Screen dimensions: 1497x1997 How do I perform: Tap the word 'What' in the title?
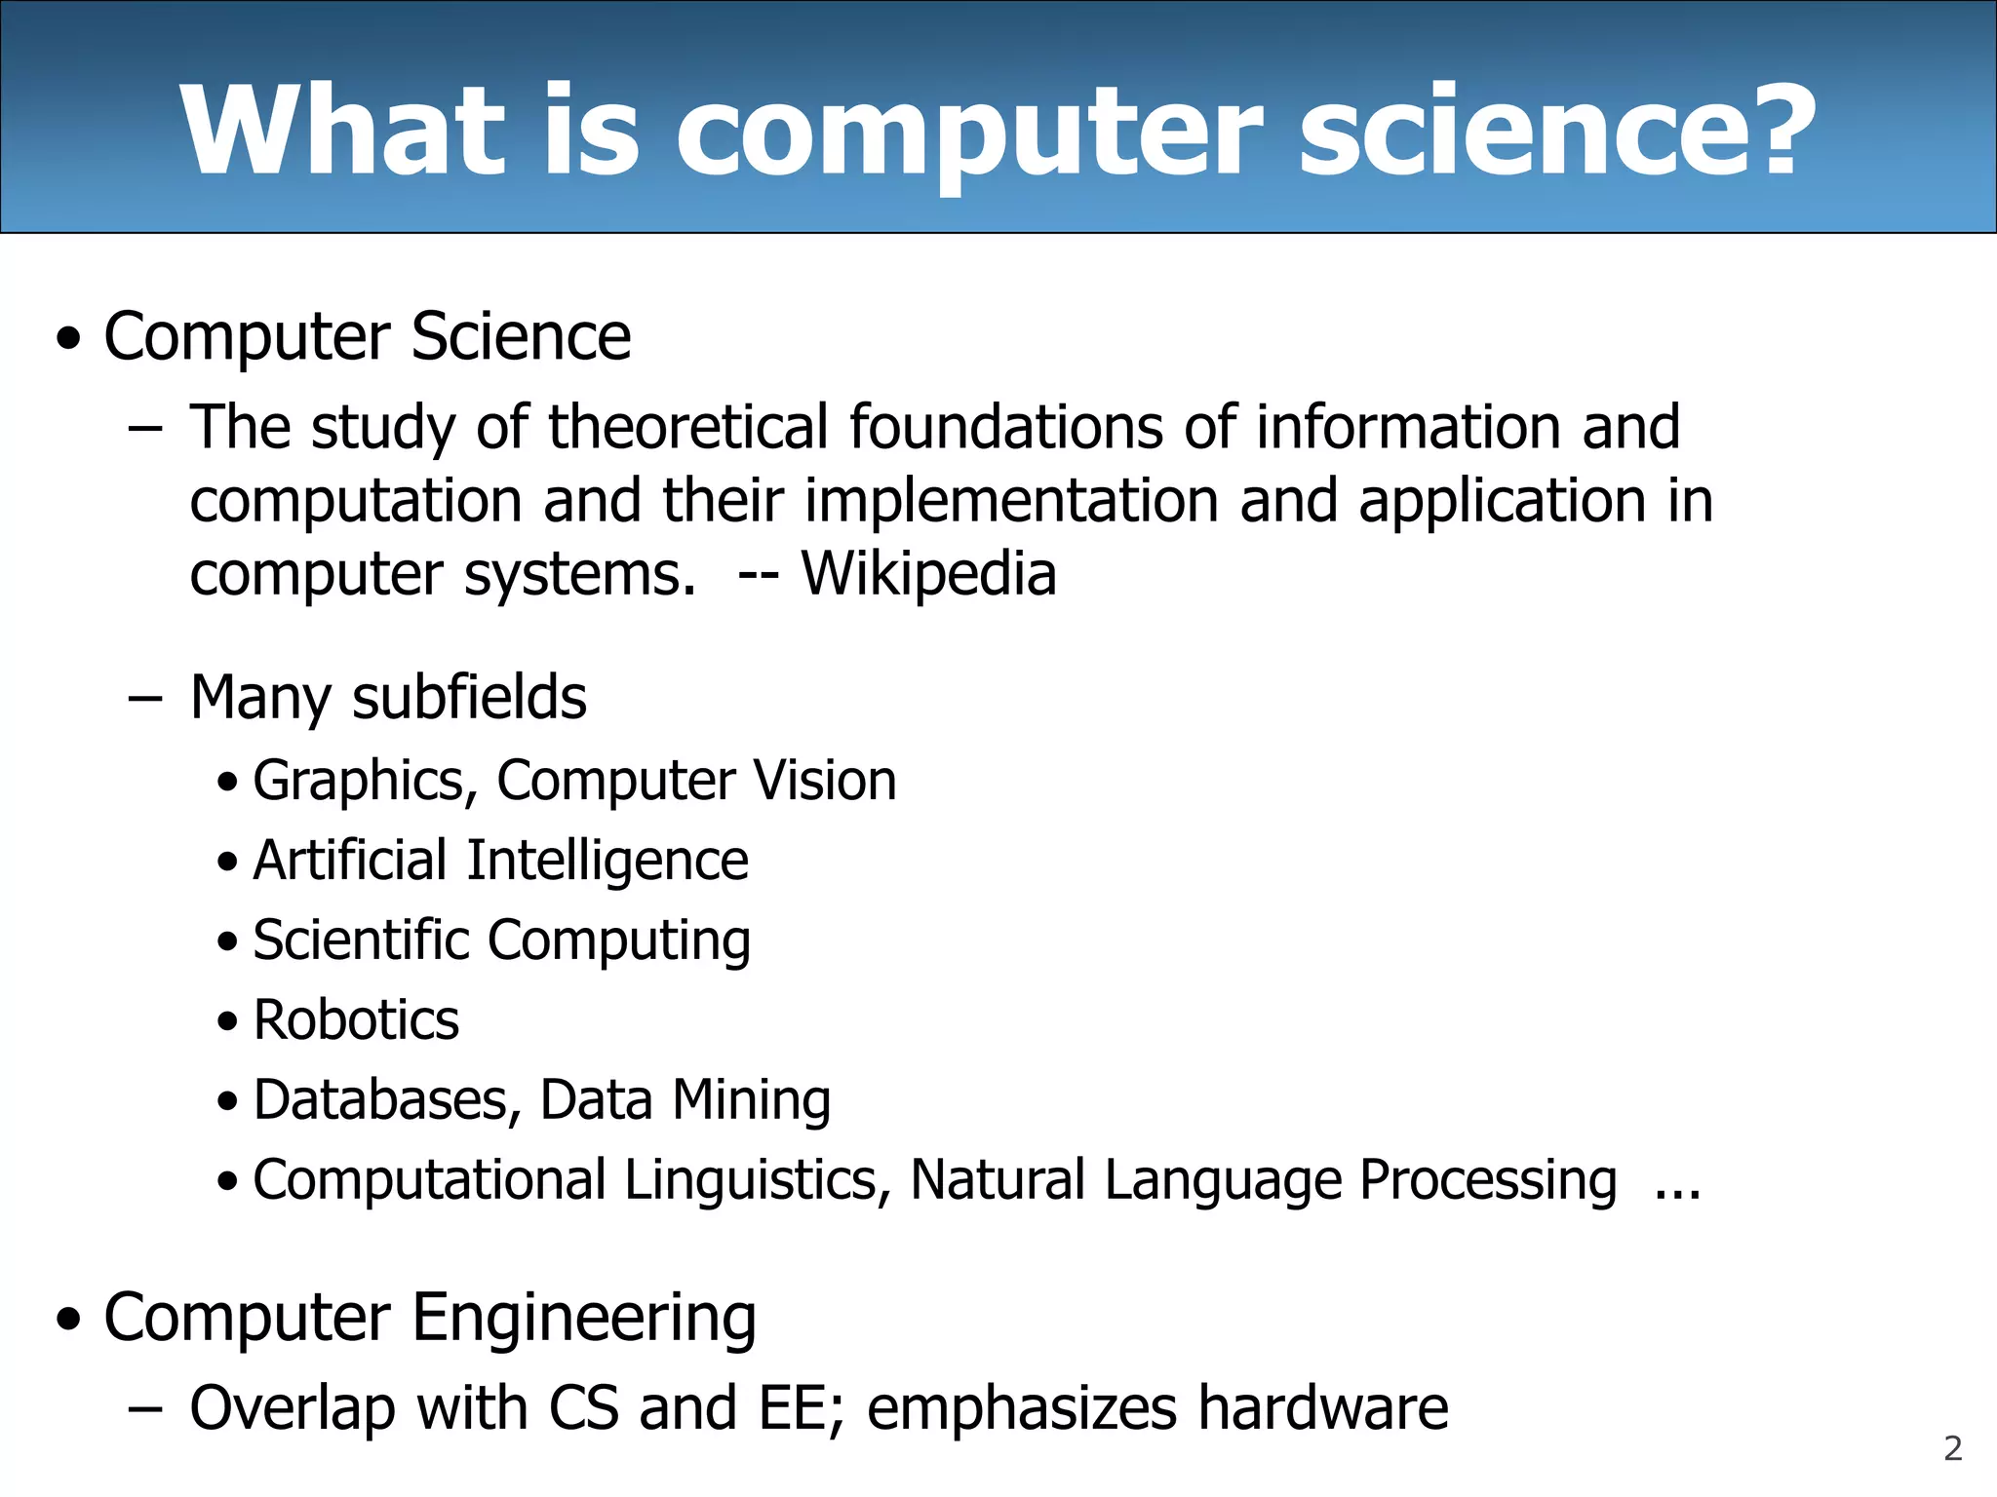342,131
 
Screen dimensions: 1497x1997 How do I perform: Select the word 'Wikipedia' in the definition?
928,573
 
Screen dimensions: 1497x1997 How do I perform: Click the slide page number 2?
1952,1448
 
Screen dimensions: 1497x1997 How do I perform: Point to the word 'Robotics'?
356,1020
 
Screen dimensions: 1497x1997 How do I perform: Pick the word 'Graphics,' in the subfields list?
366,781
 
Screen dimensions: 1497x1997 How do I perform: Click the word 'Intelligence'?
607,861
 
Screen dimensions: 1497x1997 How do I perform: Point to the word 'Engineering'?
583,1318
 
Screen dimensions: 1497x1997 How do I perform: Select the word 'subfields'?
469,698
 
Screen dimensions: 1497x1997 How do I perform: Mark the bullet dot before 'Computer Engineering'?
69,1320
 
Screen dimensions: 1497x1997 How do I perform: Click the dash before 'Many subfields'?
144,699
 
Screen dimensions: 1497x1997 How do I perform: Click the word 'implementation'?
1011,501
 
